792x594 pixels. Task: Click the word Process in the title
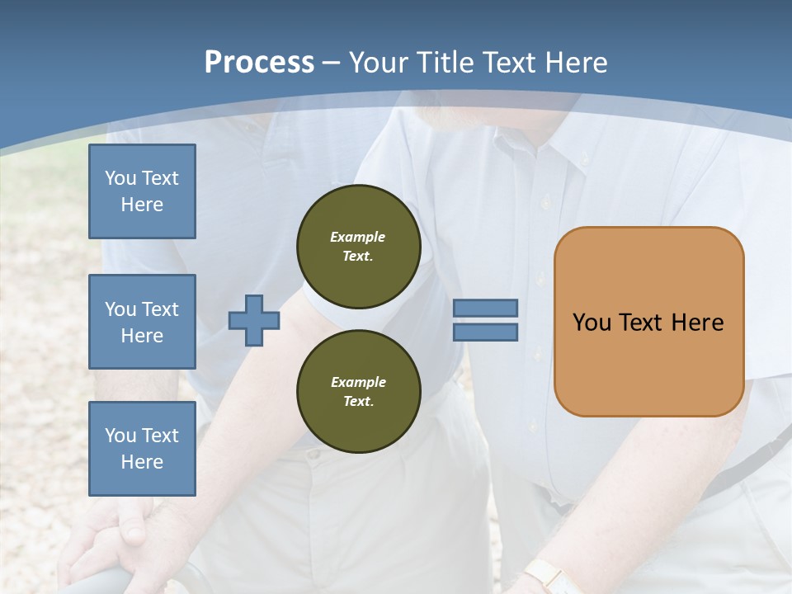259,63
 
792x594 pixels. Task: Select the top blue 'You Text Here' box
142,191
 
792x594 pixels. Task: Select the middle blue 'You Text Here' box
142,322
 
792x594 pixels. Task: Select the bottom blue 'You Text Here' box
142,449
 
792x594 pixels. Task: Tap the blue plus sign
253,320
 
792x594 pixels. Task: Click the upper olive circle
359,247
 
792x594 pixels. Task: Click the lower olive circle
359,392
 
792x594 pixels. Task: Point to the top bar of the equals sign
485,308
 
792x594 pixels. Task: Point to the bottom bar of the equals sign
485,332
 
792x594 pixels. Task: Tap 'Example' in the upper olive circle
358,237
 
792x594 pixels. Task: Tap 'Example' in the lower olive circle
358,382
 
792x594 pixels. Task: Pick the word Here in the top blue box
142,205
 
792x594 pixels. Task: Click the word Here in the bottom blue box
142,462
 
